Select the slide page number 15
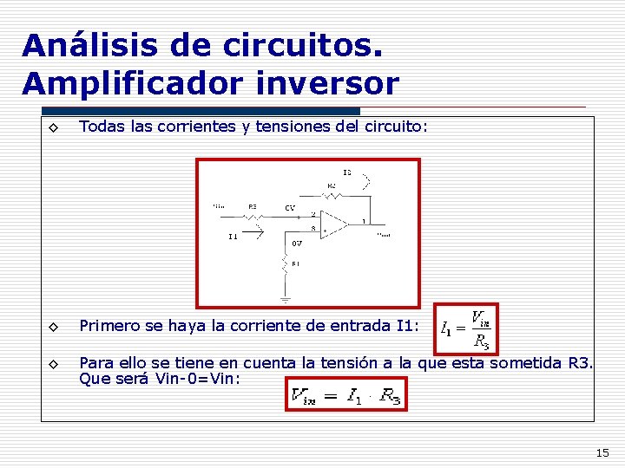pyautogui.click(x=602, y=452)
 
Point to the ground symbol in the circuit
pyautogui.click(x=284, y=298)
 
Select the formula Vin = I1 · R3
pyautogui.click(x=346, y=397)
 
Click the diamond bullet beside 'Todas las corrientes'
pyautogui.click(x=53, y=127)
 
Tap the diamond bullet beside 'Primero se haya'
pyautogui.click(x=53, y=327)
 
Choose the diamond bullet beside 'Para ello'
pyautogui.click(x=53, y=364)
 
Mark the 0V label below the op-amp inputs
pyautogui.click(x=296, y=243)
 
